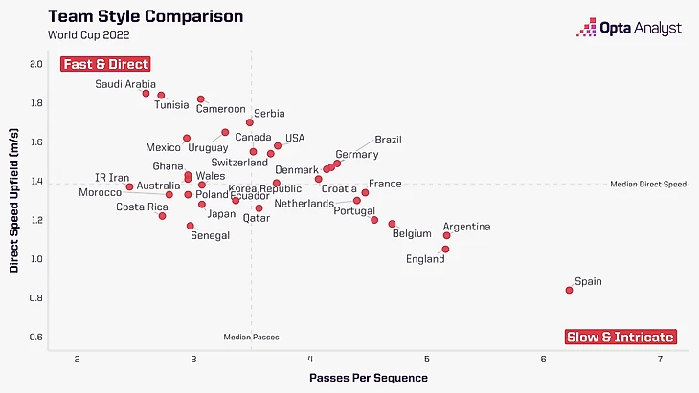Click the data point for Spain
coord(569,290)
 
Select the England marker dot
coord(445,250)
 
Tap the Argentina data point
coord(446,235)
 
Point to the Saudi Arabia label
coord(125,84)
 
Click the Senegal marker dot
coord(191,226)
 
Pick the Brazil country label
coord(388,140)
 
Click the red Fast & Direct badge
coord(106,64)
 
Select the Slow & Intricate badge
coord(620,338)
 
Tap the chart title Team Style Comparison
coord(146,17)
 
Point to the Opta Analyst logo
coord(629,28)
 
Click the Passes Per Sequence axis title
coord(369,378)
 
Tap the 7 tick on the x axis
coord(661,359)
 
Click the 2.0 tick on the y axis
coord(35,65)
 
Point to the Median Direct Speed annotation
coord(648,184)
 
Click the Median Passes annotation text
coord(251,338)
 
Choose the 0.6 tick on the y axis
coord(35,338)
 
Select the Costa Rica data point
coord(163,216)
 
